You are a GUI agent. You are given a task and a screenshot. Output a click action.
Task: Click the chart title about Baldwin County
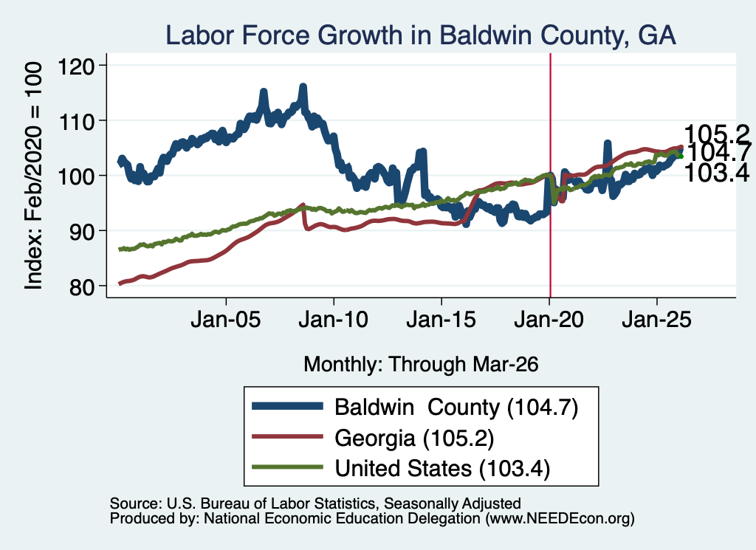pos(420,35)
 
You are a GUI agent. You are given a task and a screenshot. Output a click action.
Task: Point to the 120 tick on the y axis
pos(76,66)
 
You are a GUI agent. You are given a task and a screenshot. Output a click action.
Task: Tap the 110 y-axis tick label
pos(76,121)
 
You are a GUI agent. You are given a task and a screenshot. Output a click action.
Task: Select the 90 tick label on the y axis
pos(81,231)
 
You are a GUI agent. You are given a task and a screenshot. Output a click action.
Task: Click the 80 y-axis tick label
pos(81,286)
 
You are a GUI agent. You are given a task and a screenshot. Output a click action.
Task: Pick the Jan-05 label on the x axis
pos(226,320)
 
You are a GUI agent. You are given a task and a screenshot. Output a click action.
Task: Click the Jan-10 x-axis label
pos(333,320)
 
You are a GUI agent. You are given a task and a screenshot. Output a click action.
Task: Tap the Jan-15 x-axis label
pos(441,320)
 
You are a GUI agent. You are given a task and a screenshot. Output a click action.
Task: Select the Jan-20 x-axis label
pos(549,320)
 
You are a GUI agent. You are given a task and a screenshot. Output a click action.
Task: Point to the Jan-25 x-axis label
pos(656,320)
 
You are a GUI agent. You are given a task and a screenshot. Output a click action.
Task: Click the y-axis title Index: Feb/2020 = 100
pos(33,176)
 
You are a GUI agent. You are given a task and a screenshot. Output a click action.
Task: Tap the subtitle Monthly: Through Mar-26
pos(421,364)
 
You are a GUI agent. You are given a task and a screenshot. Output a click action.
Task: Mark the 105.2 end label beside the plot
pos(717,134)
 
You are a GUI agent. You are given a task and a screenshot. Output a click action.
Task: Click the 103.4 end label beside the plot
pos(717,173)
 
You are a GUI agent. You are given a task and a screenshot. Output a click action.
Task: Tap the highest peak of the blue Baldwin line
pos(303,87)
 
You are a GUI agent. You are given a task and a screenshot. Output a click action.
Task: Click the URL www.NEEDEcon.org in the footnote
pos(560,519)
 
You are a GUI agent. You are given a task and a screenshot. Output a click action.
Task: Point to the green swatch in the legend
pos(287,467)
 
